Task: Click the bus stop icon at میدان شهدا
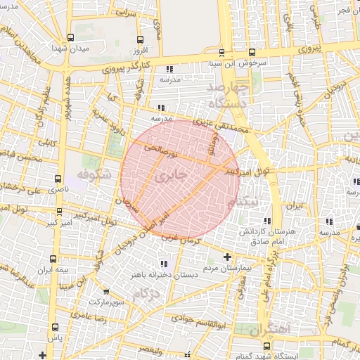click(x=70, y=38)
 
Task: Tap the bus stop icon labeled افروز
click(x=140, y=40)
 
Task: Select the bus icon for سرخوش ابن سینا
click(x=252, y=52)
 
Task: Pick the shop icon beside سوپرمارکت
click(x=105, y=291)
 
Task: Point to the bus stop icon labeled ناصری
click(x=58, y=179)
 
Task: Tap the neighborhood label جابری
click(x=172, y=177)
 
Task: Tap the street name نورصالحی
click(x=161, y=149)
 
